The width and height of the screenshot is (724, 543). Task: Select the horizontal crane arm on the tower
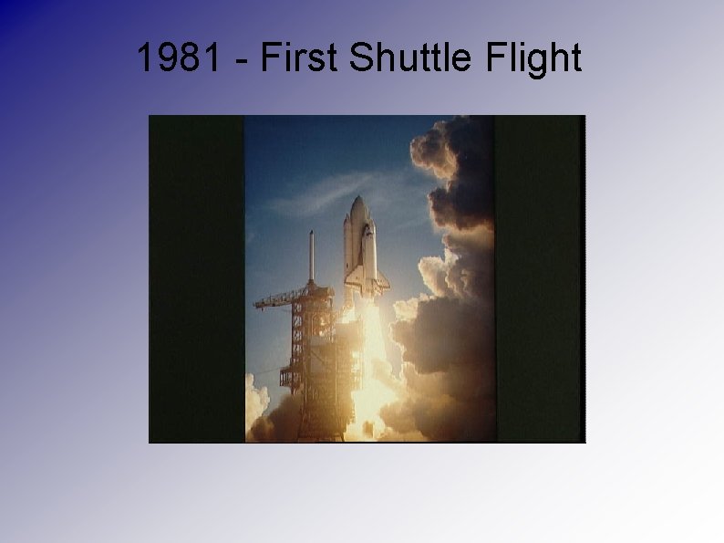click(x=278, y=299)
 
